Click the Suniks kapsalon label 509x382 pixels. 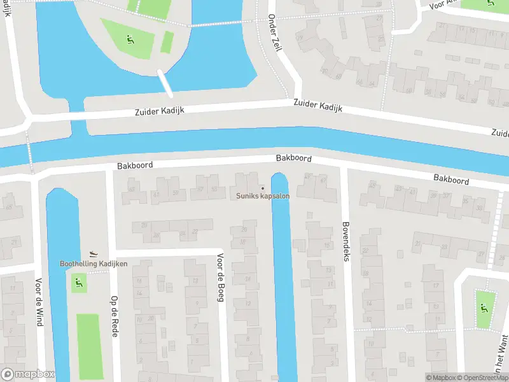(263, 196)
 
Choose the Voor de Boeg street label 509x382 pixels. (220, 278)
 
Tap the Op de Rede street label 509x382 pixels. (115, 316)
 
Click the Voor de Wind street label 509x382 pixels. (39, 302)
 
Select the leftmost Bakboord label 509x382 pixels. (135, 165)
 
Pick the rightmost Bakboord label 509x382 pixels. (451, 180)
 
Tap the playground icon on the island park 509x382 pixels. (130, 39)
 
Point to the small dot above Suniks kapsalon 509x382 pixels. (263, 188)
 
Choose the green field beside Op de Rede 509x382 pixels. (88, 343)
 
